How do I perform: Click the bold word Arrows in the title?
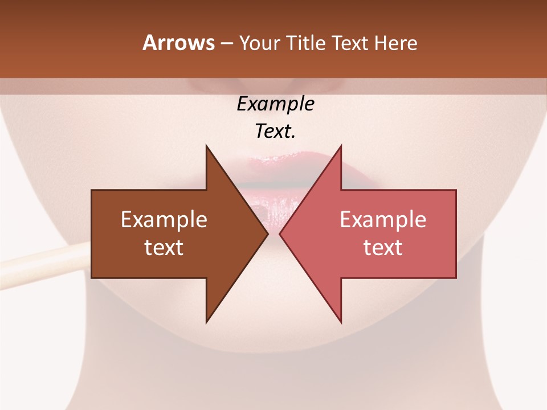click(178, 43)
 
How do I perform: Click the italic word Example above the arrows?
click(275, 104)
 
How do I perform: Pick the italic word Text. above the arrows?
click(275, 132)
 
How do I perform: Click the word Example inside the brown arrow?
click(164, 220)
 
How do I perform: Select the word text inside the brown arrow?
click(164, 247)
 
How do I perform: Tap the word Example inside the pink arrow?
click(383, 220)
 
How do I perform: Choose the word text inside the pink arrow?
click(383, 247)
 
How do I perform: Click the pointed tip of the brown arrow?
click(267, 233)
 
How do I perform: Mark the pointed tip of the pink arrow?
click(280, 233)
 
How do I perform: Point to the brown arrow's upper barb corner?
click(206, 146)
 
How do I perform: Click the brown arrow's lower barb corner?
click(206, 322)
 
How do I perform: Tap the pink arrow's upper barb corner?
click(341, 146)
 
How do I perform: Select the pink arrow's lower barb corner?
click(341, 322)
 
